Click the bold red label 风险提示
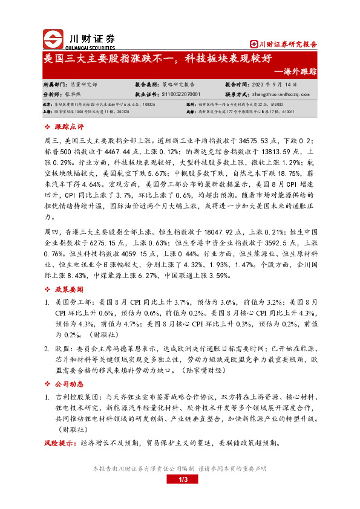click(61, 443)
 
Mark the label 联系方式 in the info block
click(238, 95)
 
